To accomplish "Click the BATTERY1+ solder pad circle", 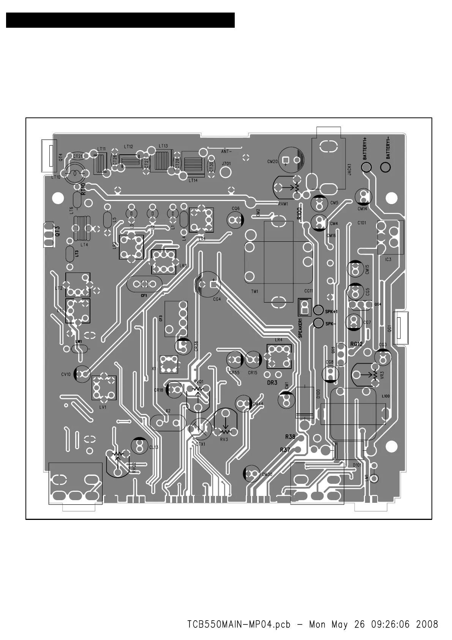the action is point(367,167).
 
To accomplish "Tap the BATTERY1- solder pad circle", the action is point(385,167).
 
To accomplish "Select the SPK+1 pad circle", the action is point(318,310).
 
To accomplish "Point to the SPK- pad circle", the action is point(318,323).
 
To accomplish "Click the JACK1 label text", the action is point(349,169).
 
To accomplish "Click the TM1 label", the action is point(254,291).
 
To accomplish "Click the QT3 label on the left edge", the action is point(57,232).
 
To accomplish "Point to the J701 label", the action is point(226,164).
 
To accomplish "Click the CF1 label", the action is point(144,295).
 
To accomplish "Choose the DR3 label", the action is point(272,383).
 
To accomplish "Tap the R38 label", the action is point(290,437).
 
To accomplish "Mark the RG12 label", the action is point(357,344).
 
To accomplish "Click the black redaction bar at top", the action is point(120,20).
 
